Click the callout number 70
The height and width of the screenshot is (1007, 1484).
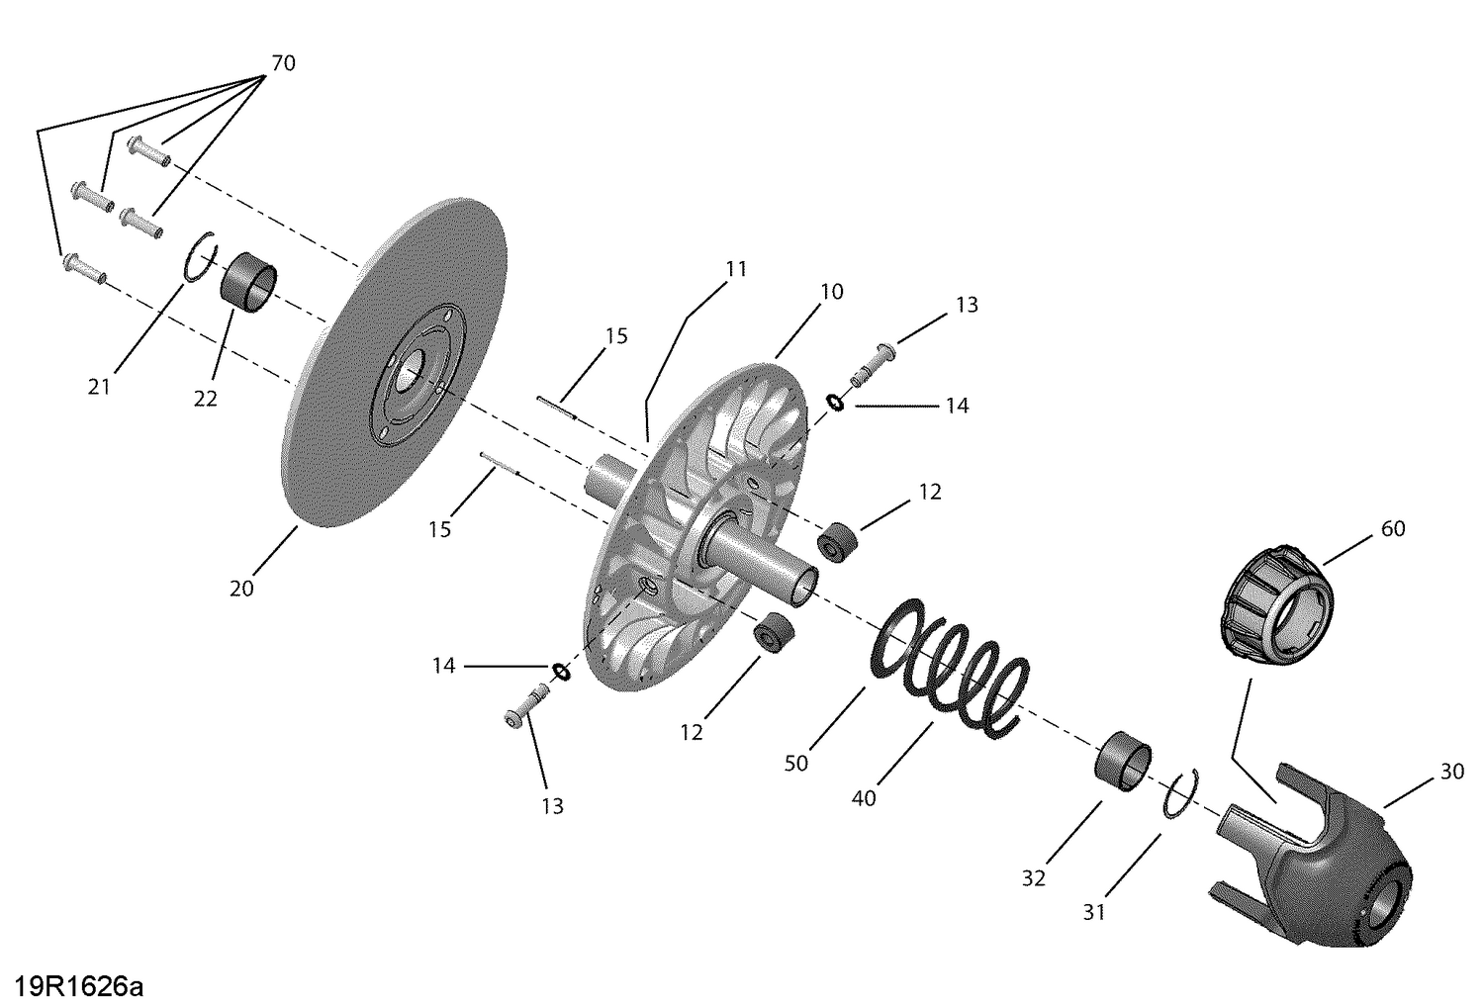pyautogui.click(x=283, y=64)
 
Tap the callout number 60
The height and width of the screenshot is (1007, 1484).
pyautogui.click(x=1392, y=528)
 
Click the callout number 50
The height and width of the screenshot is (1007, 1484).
pyautogui.click(x=795, y=763)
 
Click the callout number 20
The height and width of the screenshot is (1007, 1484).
pyautogui.click(x=241, y=589)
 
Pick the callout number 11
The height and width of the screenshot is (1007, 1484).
pyautogui.click(x=735, y=269)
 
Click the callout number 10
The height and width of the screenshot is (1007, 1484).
pyautogui.click(x=831, y=292)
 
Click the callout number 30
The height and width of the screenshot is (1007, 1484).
pyautogui.click(x=1451, y=772)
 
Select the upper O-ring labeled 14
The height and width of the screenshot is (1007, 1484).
pyautogui.click(x=836, y=402)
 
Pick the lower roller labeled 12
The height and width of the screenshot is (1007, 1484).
pyautogui.click(x=774, y=633)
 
